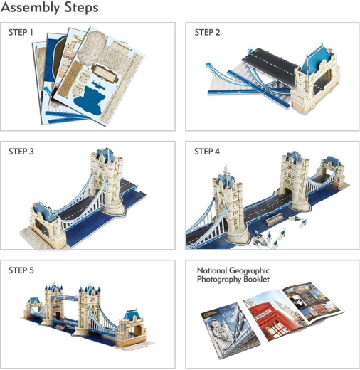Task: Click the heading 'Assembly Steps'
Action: pos(50,8)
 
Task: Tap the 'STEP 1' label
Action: pos(21,33)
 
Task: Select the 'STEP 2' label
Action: pos(207,33)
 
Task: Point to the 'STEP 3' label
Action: pos(21,152)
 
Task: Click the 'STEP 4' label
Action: pos(207,152)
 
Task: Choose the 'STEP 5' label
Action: pos(21,270)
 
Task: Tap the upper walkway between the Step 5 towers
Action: pos(67,297)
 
